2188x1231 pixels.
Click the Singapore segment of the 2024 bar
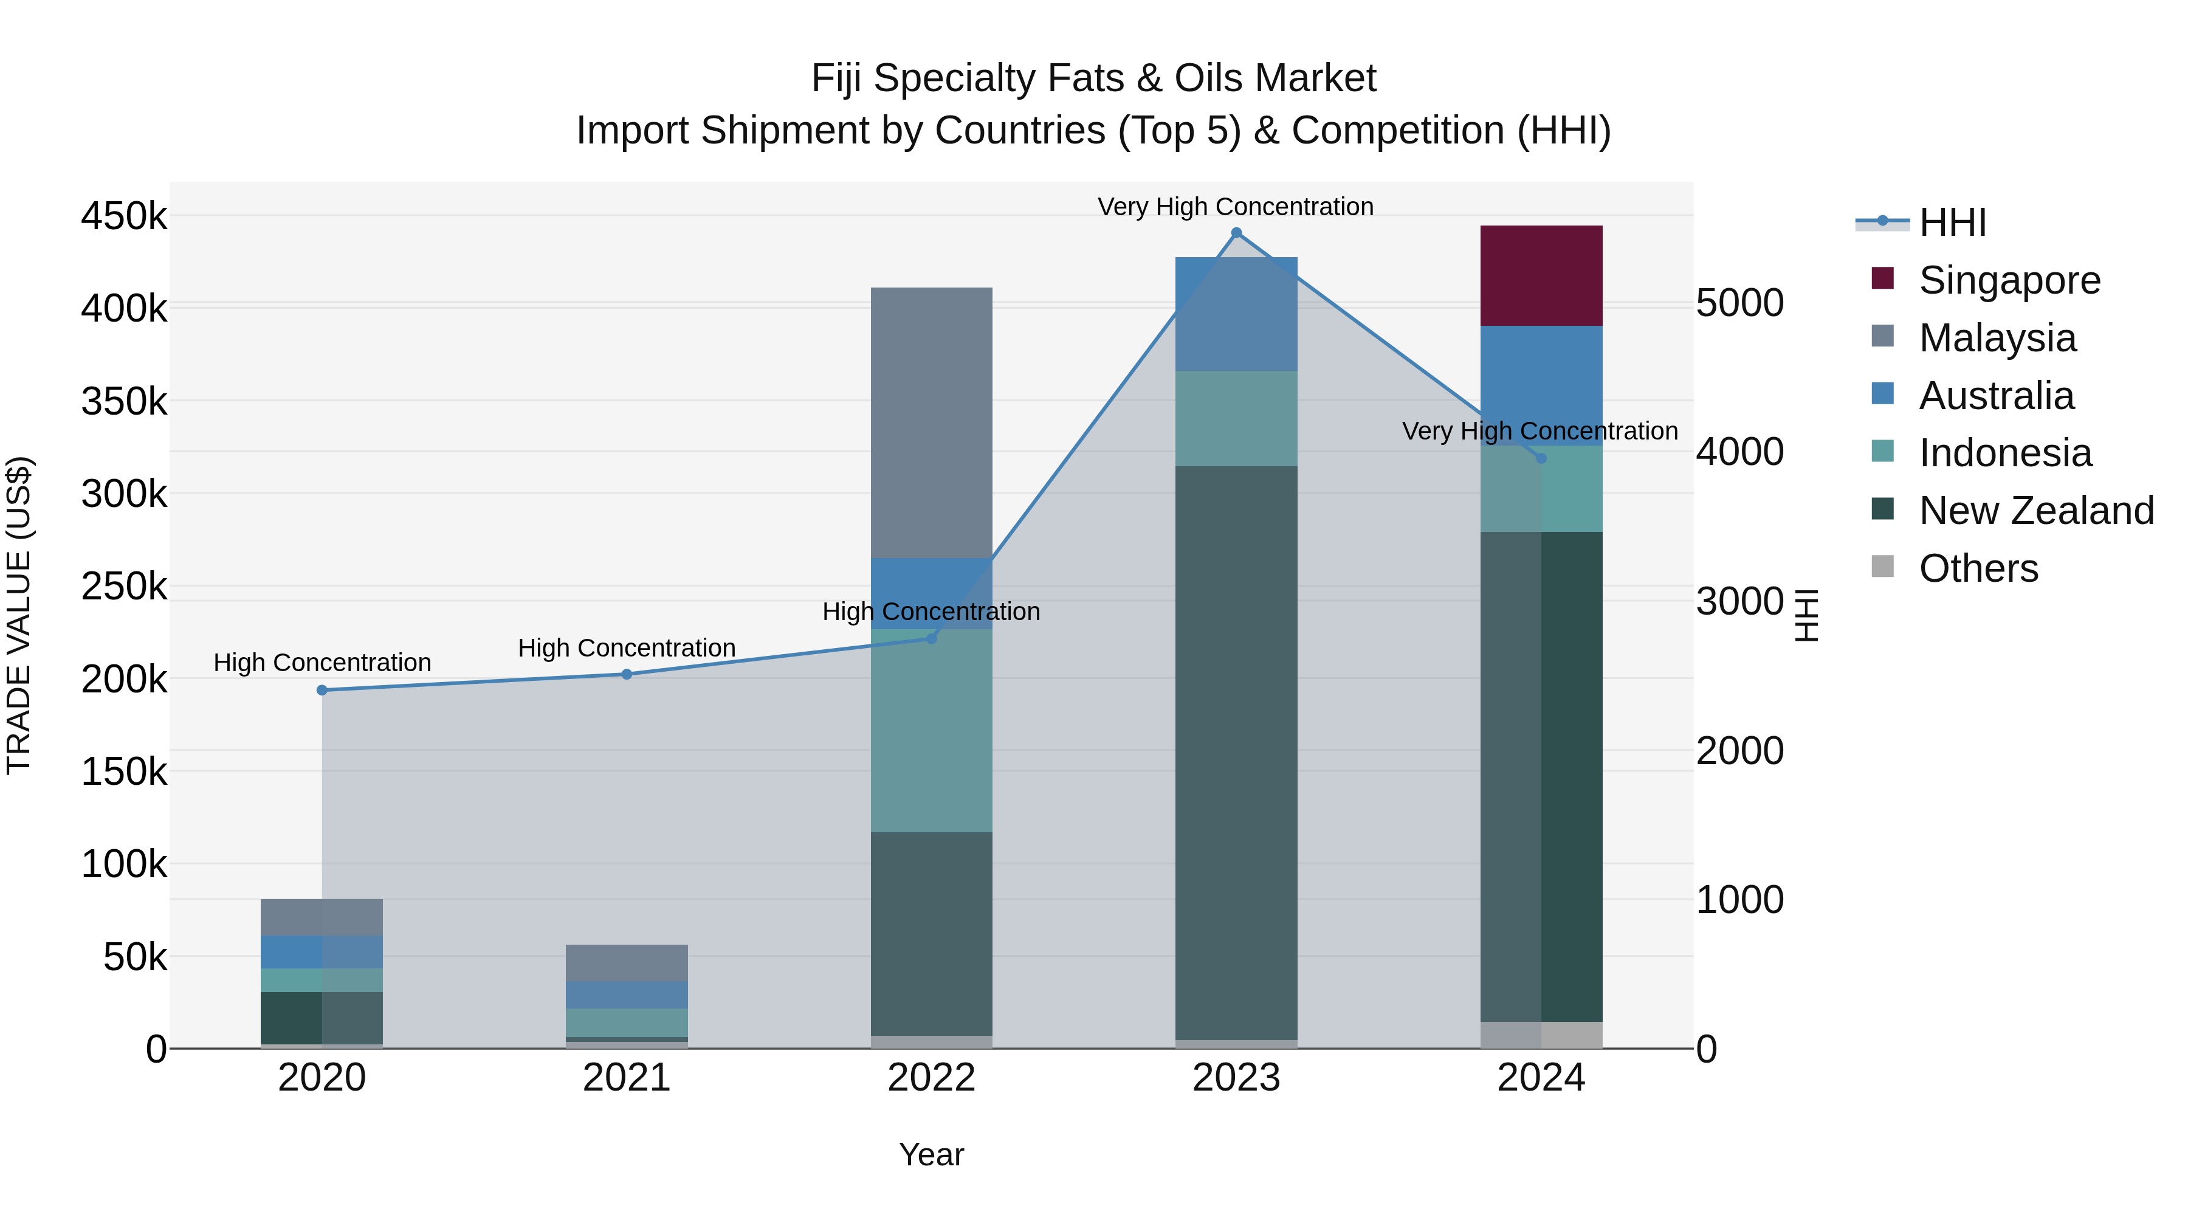coord(1541,275)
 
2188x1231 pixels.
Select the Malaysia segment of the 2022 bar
coord(931,422)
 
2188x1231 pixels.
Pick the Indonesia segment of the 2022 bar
coord(931,731)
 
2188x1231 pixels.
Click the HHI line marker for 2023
coord(1236,233)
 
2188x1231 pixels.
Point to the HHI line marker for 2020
coord(322,690)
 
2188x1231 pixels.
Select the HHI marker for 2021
coord(627,674)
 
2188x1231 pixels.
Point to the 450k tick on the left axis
coord(124,216)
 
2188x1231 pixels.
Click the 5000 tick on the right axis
coord(1739,303)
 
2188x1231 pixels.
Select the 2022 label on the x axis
coord(931,1077)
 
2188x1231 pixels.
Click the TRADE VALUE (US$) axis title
coord(19,615)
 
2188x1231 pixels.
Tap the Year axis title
coord(931,1154)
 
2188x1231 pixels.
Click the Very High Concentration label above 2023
coord(1235,207)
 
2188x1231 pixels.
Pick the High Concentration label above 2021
coord(627,647)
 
